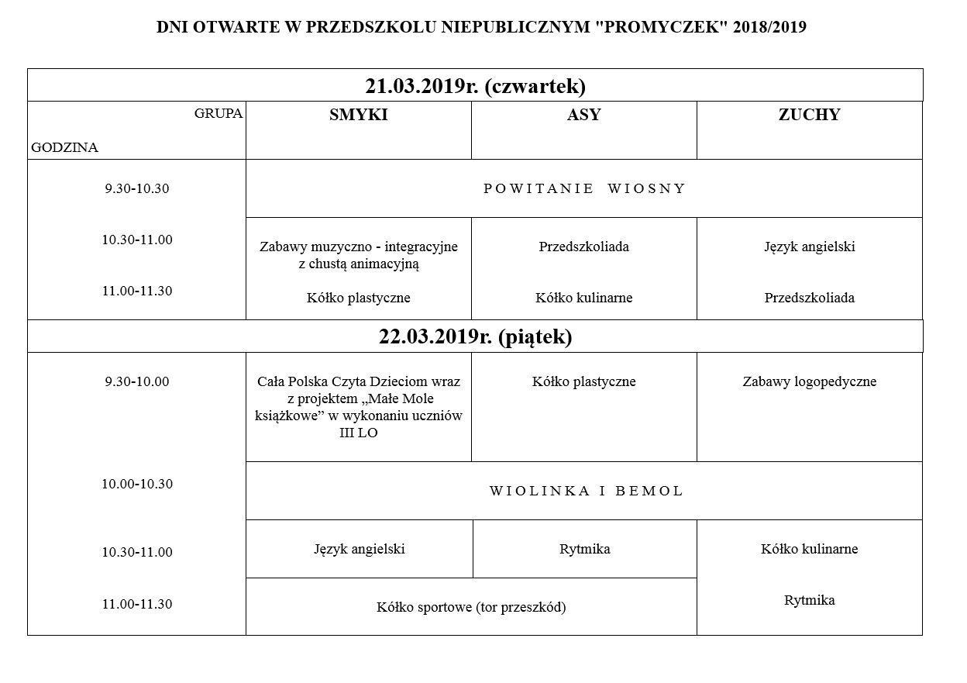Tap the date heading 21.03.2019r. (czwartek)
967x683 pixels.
(x=475, y=85)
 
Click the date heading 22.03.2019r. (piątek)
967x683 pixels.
(x=475, y=336)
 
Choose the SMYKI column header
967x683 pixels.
(x=358, y=116)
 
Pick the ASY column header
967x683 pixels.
(x=583, y=116)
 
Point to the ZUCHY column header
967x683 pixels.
(x=809, y=116)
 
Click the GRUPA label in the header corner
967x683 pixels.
(x=219, y=113)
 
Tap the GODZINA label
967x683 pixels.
(x=65, y=147)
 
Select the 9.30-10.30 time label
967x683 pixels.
(x=137, y=188)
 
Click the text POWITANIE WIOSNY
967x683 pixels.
(x=584, y=188)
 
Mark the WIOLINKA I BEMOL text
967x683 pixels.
(x=586, y=491)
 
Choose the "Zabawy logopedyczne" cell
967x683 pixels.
(x=809, y=381)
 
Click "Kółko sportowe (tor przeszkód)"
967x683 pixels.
(x=471, y=607)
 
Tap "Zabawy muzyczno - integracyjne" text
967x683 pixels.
(x=358, y=247)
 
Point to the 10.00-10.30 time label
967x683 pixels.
(x=137, y=484)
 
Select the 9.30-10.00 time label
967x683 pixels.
(x=137, y=381)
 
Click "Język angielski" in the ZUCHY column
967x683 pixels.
(x=809, y=247)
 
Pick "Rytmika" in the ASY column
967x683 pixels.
(x=584, y=549)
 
